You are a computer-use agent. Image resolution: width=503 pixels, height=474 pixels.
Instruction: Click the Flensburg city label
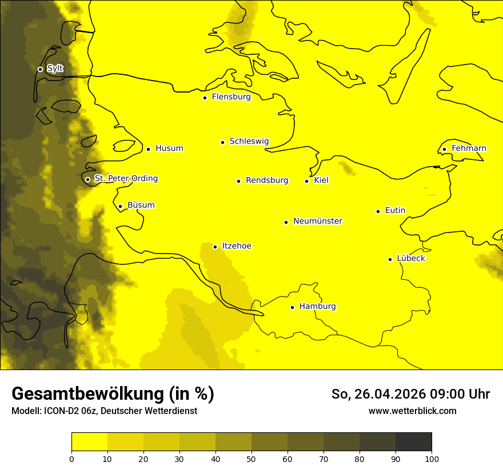(231, 97)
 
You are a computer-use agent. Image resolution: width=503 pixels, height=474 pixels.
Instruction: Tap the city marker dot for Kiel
(306, 181)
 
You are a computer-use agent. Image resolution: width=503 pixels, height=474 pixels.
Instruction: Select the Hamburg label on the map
(317, 307)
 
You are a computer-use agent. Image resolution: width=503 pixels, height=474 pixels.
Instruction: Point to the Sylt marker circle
(40, 69)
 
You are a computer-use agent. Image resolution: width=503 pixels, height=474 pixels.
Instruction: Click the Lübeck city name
(410, 259)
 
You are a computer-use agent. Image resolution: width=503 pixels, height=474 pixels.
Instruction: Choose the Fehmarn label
(469, 148)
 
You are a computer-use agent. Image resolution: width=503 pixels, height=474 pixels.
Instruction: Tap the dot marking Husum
(148, 149)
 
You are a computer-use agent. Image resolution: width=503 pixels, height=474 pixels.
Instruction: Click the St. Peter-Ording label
(126, 179)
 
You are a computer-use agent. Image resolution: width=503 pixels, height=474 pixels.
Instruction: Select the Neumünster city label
(318, 221)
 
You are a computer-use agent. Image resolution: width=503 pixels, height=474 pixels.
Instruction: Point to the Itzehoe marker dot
(215, 247)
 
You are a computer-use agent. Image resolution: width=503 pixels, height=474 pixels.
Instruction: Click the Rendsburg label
(267, 180)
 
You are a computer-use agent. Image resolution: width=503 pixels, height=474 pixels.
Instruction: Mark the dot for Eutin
(378, 211)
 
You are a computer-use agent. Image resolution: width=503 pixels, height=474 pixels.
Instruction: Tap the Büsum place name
(141, 206)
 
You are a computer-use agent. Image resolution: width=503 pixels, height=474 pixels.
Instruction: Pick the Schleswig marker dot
(222, 142)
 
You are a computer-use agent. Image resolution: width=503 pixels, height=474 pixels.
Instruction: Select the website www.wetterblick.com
(412, 411)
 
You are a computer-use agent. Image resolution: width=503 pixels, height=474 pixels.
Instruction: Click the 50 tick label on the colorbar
(251, 459)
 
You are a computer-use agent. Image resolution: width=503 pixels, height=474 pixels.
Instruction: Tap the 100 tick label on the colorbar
(432, 459)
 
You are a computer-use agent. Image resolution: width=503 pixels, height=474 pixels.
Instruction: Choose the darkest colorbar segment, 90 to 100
(413, 442)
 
